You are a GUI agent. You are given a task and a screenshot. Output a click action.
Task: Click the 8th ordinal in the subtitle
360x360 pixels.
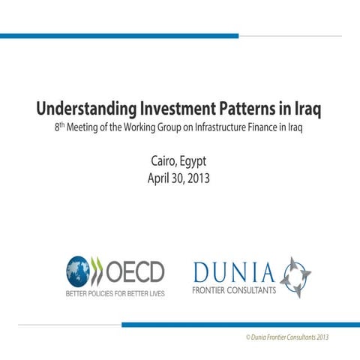click(59, 127)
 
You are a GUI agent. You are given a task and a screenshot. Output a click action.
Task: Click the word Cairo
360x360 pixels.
click(163, 162)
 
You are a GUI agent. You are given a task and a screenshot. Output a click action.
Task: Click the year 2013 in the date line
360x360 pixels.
click(197, 179)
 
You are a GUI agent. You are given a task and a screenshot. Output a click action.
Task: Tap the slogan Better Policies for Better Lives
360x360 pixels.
click(114, 292)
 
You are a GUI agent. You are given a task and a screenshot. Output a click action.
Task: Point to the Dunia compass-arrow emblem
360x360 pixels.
click(295, 277)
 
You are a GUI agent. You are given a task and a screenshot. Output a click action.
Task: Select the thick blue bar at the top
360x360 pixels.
click(119, 35)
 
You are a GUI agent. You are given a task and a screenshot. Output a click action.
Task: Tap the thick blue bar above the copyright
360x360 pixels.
click(240, 325)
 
